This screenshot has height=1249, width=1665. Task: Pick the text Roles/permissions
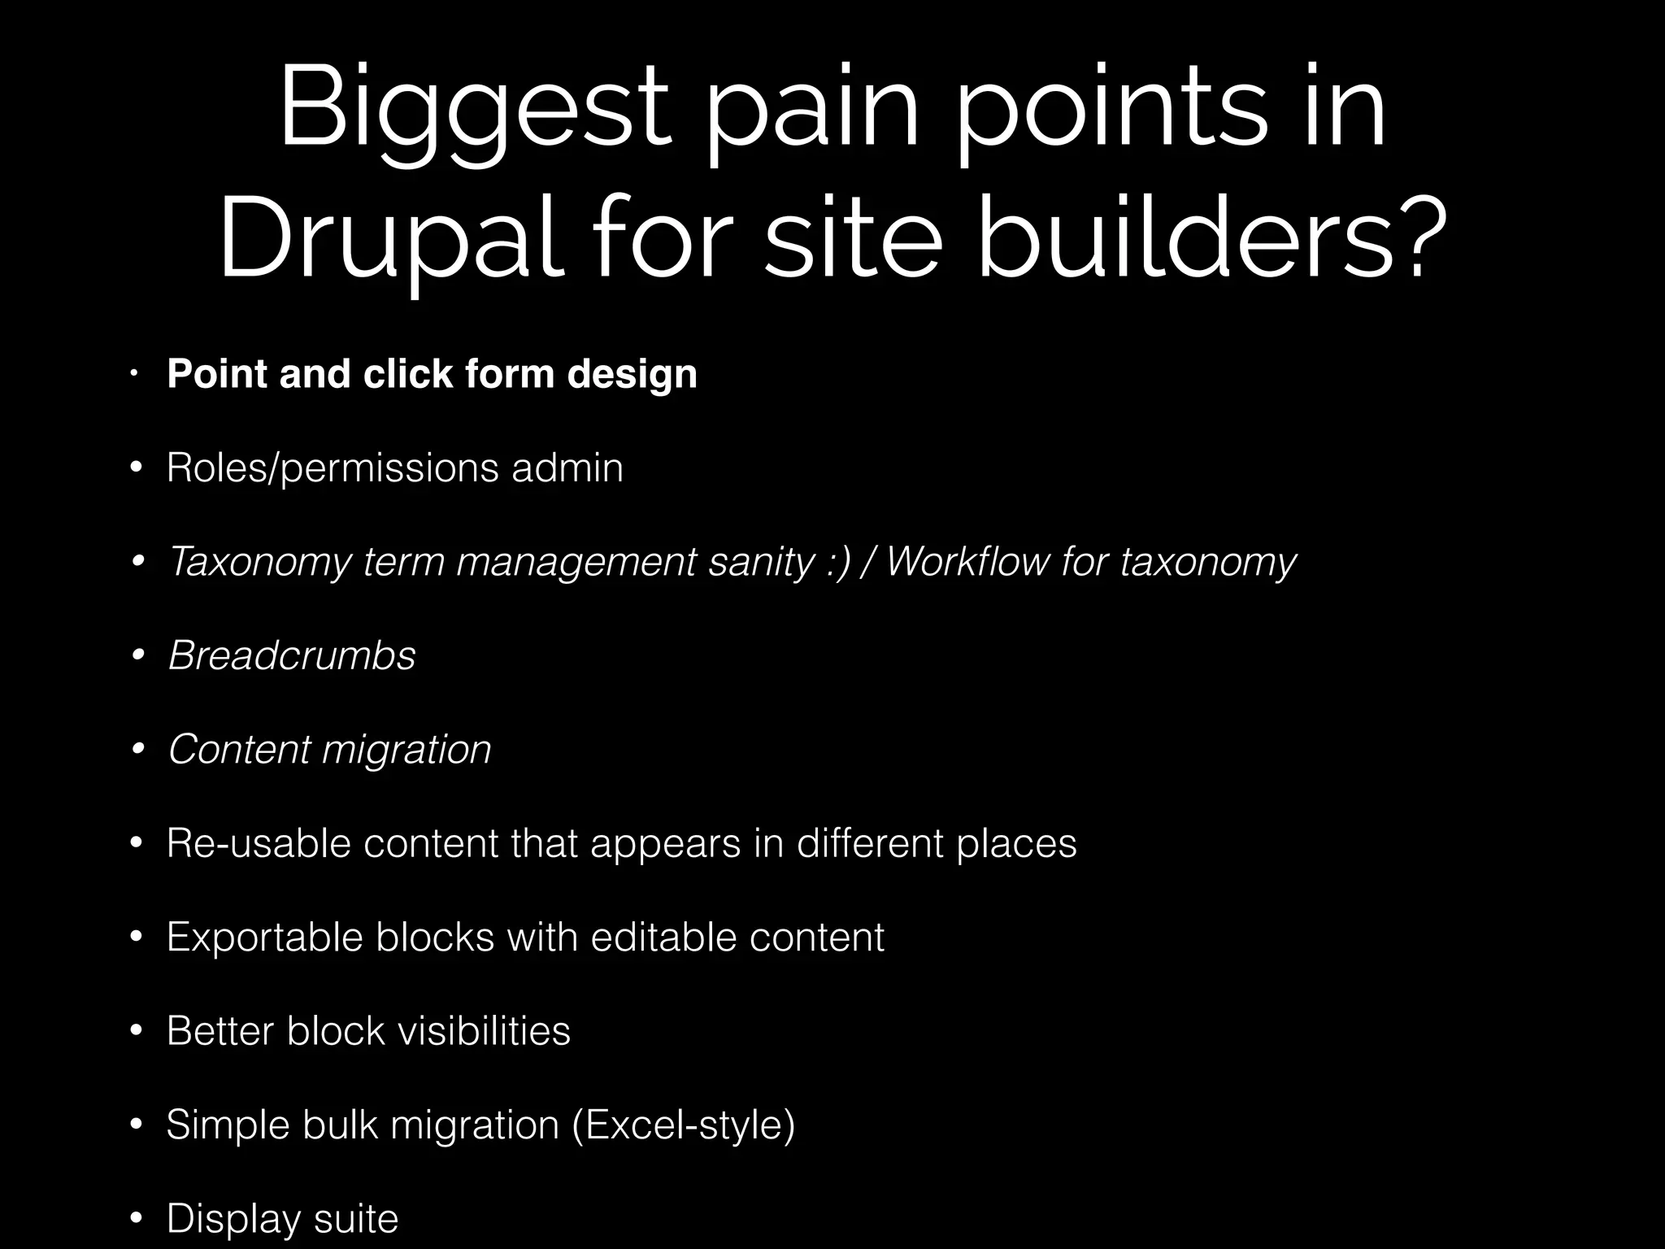pos(333,468)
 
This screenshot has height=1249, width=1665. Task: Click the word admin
pos(567,468)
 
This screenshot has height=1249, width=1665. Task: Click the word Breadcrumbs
pos(292,655)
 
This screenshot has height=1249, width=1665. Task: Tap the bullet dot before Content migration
pos(137,748)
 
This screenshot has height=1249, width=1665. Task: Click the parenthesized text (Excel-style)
pos(683,1125)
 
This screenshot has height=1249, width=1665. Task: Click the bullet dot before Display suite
pos(137,1218)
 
